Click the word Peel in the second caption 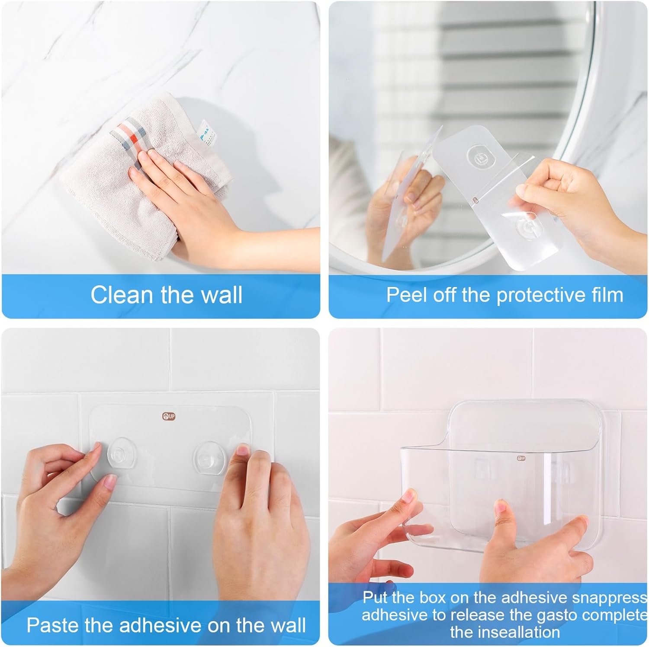click(404, 295)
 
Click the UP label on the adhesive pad click(169, 417)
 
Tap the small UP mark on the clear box click(521, 458)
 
